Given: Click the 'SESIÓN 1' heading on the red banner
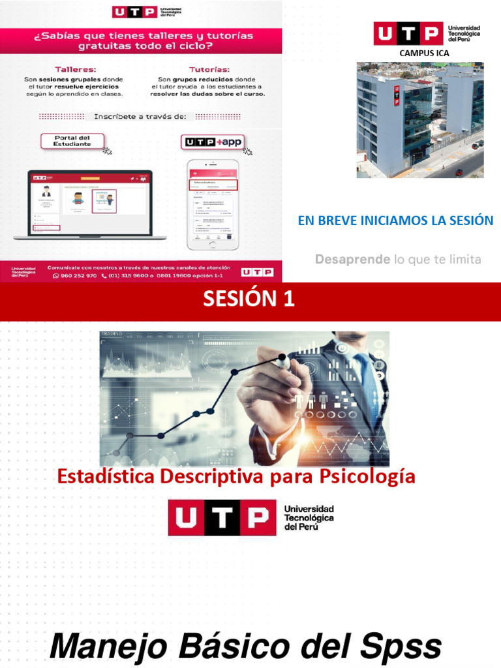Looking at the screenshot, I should (x=249, y=299).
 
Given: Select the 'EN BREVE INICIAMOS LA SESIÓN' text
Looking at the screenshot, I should (x=395, y=220).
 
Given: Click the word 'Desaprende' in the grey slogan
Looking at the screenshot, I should (x=353, y=259).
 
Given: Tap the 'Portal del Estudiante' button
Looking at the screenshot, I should (x=72, y=140).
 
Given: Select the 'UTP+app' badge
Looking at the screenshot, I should (x=209, y=142).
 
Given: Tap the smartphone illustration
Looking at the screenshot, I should (x=213, y=204).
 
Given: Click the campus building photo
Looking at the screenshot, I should (x=419, y=120).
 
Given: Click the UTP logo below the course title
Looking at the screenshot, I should (x=250, y=518).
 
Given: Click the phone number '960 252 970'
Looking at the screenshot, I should (x=78, y=276).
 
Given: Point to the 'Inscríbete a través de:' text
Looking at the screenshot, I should (x=140, y=116).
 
